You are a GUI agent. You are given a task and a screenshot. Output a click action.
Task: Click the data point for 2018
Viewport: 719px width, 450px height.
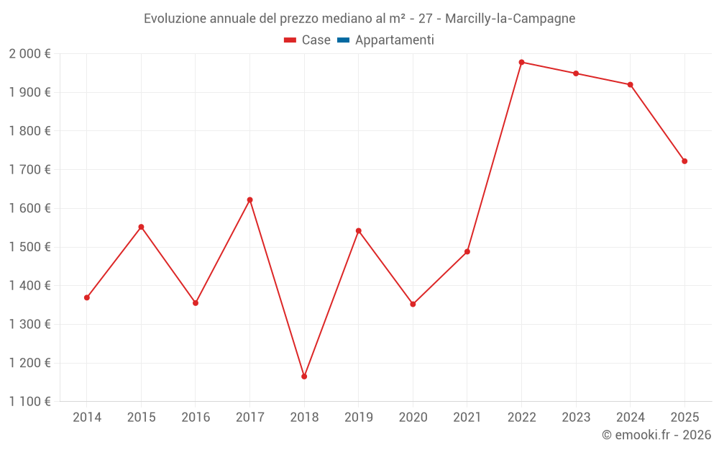click(304, 377)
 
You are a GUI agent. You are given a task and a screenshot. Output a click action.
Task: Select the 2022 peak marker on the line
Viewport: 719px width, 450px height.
click(521, 62)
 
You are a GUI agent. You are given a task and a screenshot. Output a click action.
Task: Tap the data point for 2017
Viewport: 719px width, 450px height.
click(249, 199)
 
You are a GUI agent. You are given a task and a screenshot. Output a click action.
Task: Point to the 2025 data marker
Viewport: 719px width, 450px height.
click(684, 161)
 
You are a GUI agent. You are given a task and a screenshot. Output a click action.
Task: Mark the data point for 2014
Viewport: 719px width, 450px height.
click(87, 297)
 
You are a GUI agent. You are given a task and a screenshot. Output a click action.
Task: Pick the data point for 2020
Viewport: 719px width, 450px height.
click(413, 304)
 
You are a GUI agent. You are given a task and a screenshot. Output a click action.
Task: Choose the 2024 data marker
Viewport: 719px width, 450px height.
click(630, 85)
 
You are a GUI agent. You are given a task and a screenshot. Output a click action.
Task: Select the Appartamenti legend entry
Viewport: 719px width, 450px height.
click(394, 40)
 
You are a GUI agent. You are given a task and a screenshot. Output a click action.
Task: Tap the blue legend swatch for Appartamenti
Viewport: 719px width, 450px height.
click(343, 40)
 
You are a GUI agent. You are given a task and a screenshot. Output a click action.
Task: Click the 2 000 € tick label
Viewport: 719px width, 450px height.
click(29, 54)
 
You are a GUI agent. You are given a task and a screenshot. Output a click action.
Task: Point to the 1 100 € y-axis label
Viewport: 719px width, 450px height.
click(29, 402)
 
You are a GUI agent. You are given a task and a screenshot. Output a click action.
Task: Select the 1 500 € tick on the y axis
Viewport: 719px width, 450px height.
click(29, 247)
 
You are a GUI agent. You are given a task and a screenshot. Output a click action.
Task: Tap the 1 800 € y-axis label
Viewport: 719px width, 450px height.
click(29, 131)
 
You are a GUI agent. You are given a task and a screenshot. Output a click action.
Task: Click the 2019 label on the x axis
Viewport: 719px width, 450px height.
click(358, 418)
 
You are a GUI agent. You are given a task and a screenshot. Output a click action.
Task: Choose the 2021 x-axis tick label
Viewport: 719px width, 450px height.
click(467, 418)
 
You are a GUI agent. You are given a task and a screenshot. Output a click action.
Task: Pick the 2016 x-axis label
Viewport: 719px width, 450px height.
click(196, 418)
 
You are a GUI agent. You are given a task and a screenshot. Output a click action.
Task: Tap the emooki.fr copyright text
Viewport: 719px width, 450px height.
click(656, 435)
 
